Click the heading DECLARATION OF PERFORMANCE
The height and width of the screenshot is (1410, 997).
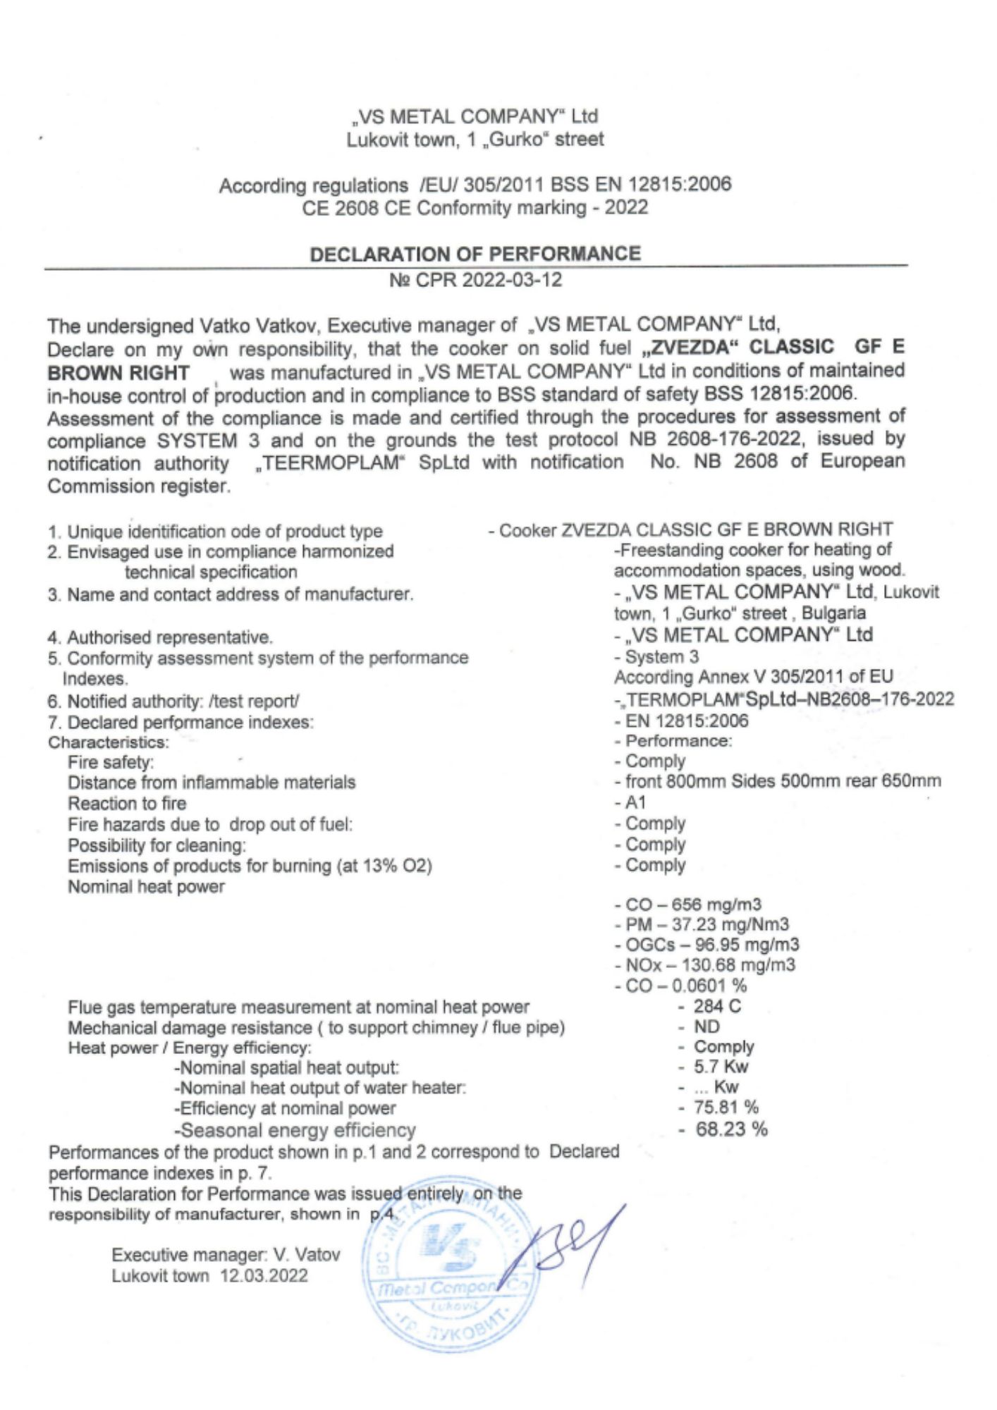coord(475,254)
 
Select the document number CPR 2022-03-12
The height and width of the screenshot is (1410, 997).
coord(476,280)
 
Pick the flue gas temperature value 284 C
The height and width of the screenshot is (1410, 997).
coord(716,1006)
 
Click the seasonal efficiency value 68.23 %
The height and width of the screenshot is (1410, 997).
coord(730,1129)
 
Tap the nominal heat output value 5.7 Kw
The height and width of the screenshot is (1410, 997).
coord(720,1067)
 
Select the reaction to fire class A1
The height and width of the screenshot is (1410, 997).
coord(635,802)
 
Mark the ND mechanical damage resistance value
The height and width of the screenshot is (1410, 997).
coord(707,1026)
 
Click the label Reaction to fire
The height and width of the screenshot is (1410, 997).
coord(127,804)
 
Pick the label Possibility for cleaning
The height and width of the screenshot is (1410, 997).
coord(157,845)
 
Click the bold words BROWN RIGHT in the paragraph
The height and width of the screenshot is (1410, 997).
coord(118,373)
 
